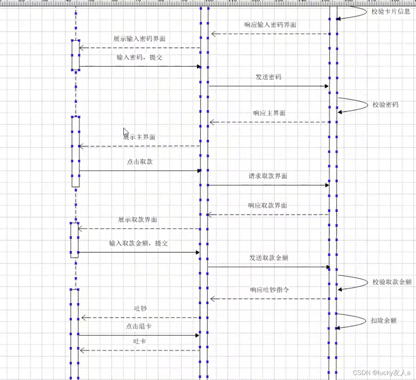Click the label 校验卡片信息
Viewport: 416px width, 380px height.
[x=391, y=11]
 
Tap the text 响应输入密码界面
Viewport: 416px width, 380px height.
[x=270, y=25]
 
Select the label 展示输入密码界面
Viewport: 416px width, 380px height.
[x=139, y=39]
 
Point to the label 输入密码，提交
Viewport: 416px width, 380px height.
[x=139, y=58]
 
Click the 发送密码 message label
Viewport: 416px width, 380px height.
[x=268, y=77]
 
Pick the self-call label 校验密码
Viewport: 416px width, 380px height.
[x=385, y=104]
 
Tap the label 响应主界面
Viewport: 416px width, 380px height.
[x=269, y=113]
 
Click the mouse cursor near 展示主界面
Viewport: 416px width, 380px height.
[x=125, y=131]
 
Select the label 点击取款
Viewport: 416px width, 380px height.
[x=139, y=162]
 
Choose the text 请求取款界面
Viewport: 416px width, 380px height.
[x=268, y=176]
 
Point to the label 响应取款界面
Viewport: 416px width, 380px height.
[x=267, y=205]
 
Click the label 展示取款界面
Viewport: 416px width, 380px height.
[x=138, y=220]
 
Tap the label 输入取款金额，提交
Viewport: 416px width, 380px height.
[x=138, y=243]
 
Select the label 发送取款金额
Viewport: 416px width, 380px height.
[x=269, y=258]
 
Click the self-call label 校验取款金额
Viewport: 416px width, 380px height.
[x=392, y=282]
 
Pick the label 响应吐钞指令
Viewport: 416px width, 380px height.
[x=270, y=290]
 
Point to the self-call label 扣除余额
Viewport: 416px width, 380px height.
[x=384, y=321]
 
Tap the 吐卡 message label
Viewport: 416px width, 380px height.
[x=139, y=341]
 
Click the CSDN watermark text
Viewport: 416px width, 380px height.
[x=381, y=373]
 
